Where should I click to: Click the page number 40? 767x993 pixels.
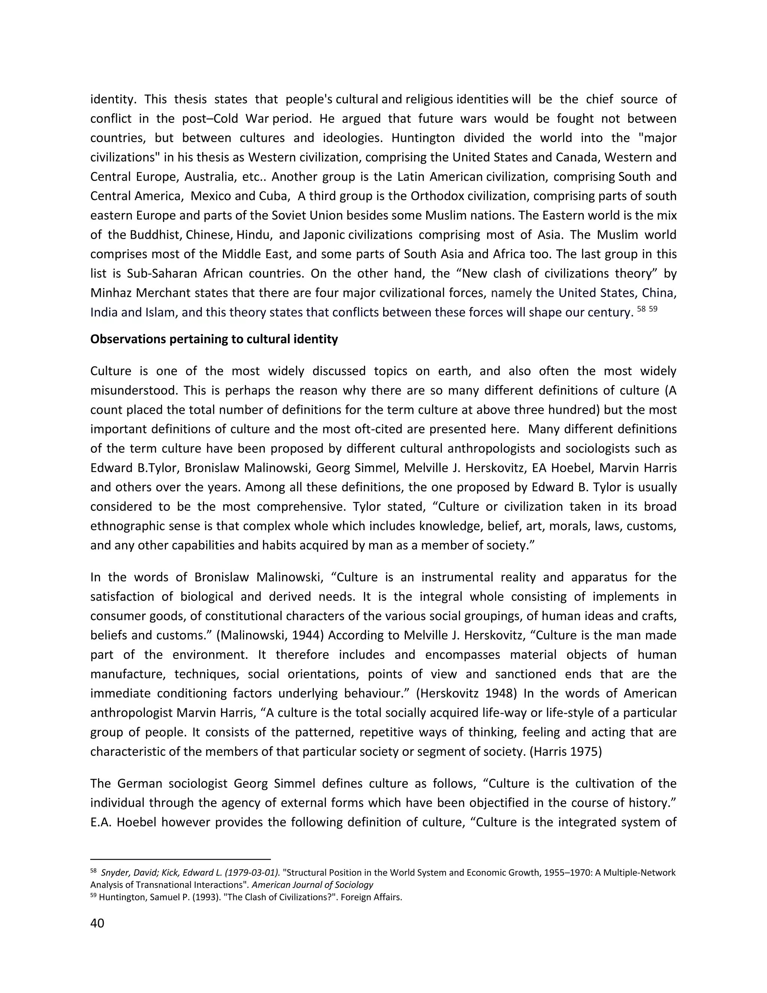click(97, 923)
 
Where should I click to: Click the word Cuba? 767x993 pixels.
click(275, 196)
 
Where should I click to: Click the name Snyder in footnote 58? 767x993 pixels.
click(115, 872)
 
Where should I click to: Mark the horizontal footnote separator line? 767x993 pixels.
click(181, 859)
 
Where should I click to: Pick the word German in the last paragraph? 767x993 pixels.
click(139, 784)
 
